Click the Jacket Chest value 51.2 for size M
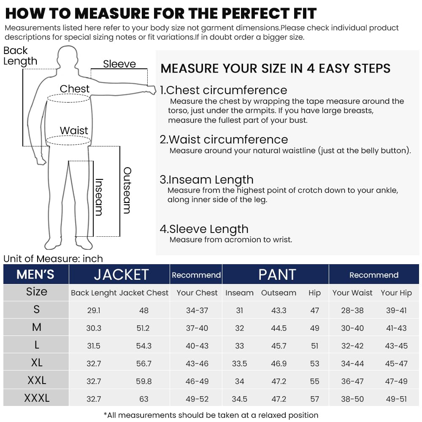[x=143, y=328]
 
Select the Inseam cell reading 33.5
[x=239, y=363]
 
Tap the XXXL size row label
[x=36, y=398]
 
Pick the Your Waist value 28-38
[x=352, y=310]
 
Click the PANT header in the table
[x=277, y=275]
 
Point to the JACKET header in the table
[x=121, y=275]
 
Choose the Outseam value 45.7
[x=279, y=346]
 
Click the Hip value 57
[x=314, y=399]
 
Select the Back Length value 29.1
[x=94, y=310]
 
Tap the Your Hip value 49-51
[x=396, y=399]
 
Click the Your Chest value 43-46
[x=197, y=363]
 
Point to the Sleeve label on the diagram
[x=119, y=64]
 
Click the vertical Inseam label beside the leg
[x=99, y=197]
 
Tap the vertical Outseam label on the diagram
[x=127, y=190]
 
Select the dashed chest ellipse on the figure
[x=68, y=98]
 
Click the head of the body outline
[x=68, y=57]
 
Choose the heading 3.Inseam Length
[x=206, y=180]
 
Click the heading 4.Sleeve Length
[x=204, y=229]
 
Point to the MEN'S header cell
[x=35, y=275]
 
